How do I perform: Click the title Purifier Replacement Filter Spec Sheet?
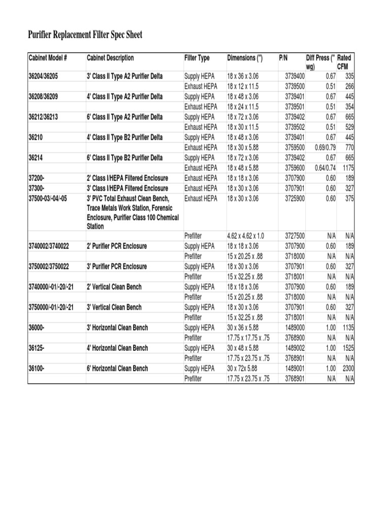85,35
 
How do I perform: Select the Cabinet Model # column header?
48,58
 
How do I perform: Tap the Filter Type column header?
197,58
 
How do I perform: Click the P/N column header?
283,58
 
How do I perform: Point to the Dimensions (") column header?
245,58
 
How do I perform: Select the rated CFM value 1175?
348,168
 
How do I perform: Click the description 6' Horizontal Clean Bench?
117,368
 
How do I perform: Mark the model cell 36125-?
38,348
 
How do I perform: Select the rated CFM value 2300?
348,368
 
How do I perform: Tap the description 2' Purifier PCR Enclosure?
117,246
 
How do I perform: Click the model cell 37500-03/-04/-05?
48,198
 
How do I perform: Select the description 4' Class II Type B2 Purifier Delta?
125,137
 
